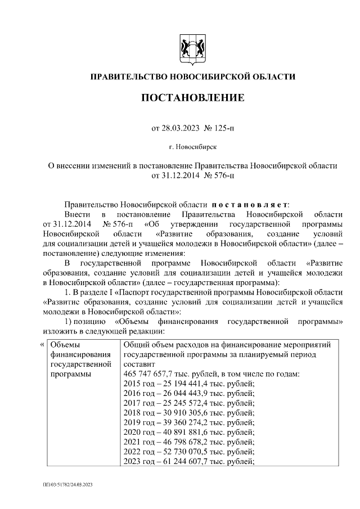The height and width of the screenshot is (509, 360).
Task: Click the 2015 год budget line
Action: [x=188, y=384]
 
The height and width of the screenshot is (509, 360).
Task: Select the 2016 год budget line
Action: [x=188, y=394]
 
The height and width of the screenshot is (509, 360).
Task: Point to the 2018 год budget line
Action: [x=188, y=413]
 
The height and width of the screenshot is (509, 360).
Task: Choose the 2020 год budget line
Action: [x=188, y=433]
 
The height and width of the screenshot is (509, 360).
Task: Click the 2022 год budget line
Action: [x=188, y=453]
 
